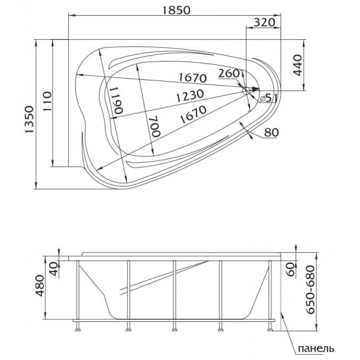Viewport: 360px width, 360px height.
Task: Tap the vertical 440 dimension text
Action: (x=300, y=65)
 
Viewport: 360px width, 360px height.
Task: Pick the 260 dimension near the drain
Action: (x=230, y=73)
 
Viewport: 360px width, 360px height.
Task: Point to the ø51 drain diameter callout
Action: (x=269, y=98)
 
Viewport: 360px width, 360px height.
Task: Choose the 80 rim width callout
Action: (x=273, y=134)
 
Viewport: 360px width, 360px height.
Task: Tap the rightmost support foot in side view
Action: (x=270, y=323)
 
